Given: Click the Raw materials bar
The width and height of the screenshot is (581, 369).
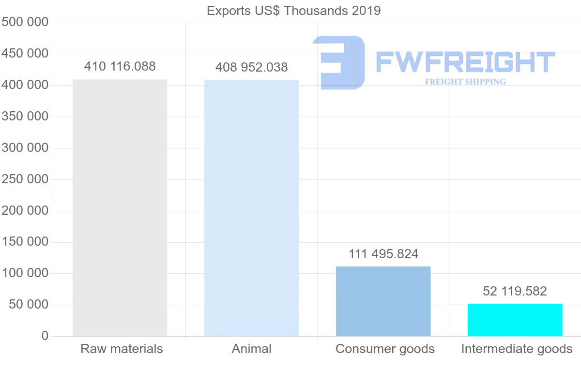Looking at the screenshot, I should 120,207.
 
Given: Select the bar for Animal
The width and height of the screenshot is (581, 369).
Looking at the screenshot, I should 251,208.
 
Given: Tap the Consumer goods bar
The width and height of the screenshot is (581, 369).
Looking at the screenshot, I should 383,301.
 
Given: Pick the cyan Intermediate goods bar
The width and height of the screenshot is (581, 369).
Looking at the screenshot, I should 515,320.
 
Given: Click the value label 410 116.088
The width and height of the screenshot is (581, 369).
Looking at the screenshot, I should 120,66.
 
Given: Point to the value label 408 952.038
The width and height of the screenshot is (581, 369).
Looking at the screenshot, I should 251,67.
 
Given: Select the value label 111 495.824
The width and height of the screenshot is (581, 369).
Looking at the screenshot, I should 383,254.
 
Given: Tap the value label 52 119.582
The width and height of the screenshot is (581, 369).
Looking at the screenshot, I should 515,291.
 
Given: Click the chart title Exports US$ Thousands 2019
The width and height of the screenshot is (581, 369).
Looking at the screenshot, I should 293,11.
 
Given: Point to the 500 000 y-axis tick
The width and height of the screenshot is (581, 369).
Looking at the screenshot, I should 25,22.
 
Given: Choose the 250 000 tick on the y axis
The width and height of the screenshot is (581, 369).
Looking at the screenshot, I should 25,179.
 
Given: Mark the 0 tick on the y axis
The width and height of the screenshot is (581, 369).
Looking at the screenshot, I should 45,336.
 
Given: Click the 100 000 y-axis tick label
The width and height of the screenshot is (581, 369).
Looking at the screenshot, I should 25,273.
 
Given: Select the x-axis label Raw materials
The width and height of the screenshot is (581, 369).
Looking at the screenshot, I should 122,349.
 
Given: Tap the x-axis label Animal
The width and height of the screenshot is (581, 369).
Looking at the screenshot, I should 251,349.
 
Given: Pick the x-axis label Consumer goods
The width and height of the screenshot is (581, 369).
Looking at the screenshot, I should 385,349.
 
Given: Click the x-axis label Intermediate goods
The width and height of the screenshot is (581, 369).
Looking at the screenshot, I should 517,349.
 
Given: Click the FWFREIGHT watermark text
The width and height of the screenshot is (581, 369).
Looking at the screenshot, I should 465,62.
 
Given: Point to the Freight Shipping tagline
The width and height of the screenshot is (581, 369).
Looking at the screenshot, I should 465,82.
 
